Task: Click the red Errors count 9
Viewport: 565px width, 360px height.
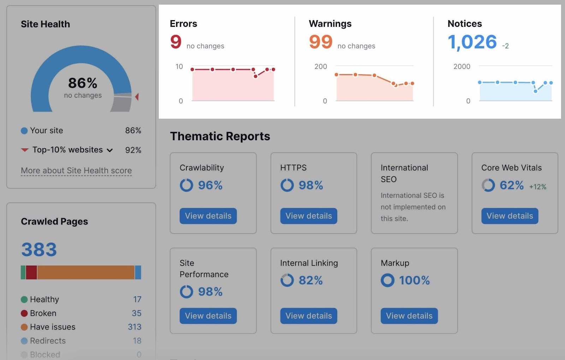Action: pos(176,42)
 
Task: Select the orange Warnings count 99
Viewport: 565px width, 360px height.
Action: pos(321,42)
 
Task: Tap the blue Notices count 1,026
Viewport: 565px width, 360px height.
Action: pos(472,42)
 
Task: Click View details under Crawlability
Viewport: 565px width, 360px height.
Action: pos(208,216)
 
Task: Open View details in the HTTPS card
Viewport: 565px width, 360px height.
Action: pos(309,216)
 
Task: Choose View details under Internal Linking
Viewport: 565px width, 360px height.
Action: pos(309,316)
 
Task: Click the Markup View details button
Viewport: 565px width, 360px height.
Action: pos(409,316)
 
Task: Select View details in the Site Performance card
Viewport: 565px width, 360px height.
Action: pos(208,316)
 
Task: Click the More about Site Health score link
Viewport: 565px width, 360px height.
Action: pos(76,171)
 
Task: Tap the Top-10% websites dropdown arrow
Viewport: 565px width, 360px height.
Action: pos(110,150)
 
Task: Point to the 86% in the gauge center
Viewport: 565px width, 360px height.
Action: pos(83,83)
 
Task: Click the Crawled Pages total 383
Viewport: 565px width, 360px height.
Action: pos(39,249)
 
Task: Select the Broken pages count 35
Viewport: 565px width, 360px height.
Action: pos(136,313)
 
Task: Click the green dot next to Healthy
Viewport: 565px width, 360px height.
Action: pos(24,300)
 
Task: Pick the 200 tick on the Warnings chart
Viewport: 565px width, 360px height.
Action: pos(321,66)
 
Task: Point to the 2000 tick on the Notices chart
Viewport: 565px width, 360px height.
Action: pos(462,66)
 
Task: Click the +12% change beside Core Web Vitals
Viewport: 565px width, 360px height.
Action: pos(537,187)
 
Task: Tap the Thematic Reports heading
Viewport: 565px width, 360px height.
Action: pos(220,136)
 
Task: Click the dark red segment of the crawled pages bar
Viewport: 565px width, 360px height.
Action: pos(31,272)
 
